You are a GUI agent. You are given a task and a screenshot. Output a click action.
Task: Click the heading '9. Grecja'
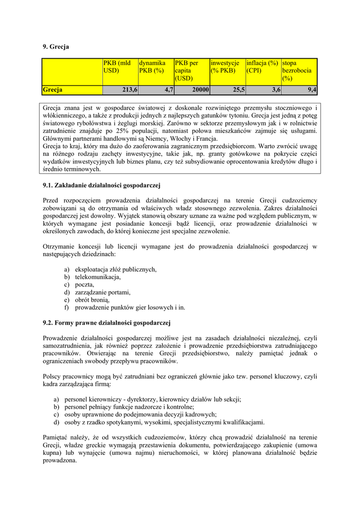pyautogui.click(x=56, y=47)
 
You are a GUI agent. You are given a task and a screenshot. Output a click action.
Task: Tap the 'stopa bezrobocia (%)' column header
pyautogui.click(x=299, y=71)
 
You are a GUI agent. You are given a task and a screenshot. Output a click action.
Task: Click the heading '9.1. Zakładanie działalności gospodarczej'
pyautogui.click(x=101, y=186)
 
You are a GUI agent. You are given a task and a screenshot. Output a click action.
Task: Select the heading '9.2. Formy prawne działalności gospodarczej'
pyautogui.click(x=106, y=323)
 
